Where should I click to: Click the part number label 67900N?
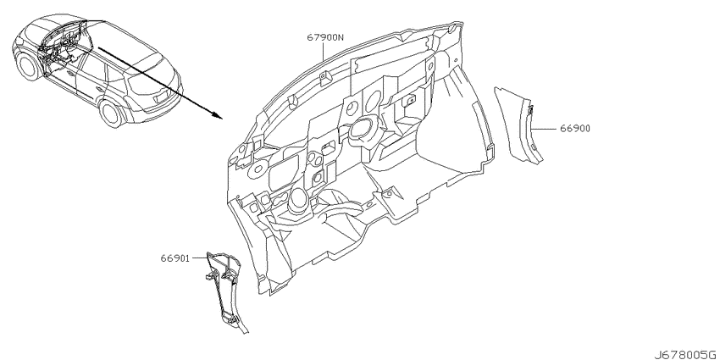click(325, 37)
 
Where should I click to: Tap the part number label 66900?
click(575, 129)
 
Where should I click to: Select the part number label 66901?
click(175, 258)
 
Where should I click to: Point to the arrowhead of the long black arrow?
click(218, 115)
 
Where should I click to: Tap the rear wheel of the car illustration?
click(112, 114)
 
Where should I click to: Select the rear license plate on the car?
click(163, 97)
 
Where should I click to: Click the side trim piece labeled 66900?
click(519, 124)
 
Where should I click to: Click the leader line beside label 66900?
click(544, 129)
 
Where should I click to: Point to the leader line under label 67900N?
click(324, 53)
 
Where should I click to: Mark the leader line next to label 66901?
click(200, 258)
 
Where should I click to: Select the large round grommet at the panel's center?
click(363, 129)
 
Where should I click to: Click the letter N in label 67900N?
click(341, 37)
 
